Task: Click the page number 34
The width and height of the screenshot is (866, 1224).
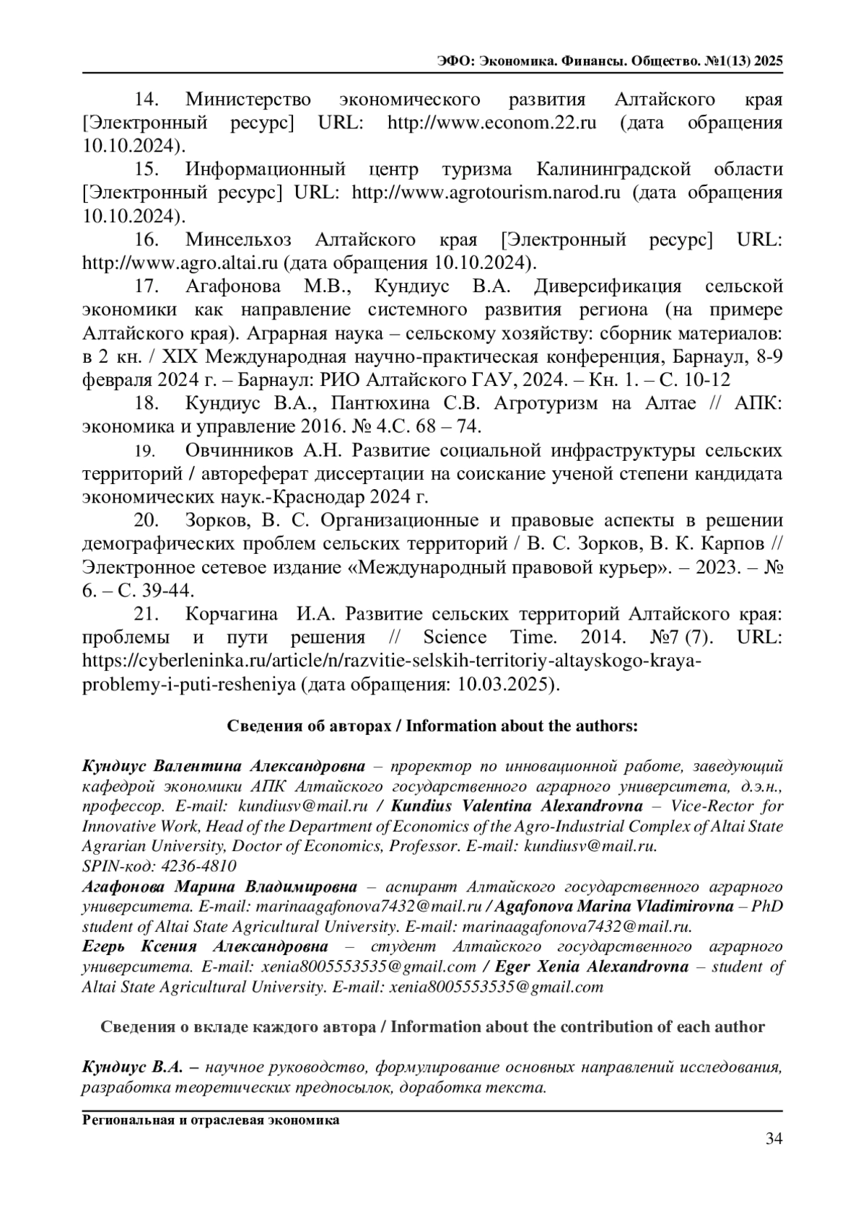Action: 774,1139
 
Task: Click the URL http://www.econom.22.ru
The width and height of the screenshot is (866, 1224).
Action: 492,122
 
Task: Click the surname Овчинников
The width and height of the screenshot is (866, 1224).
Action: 240,451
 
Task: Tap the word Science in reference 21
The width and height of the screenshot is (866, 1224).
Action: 455,638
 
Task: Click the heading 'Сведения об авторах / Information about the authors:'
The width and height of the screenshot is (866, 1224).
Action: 432,726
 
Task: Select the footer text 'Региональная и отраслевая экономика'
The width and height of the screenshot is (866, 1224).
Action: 211,1120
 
